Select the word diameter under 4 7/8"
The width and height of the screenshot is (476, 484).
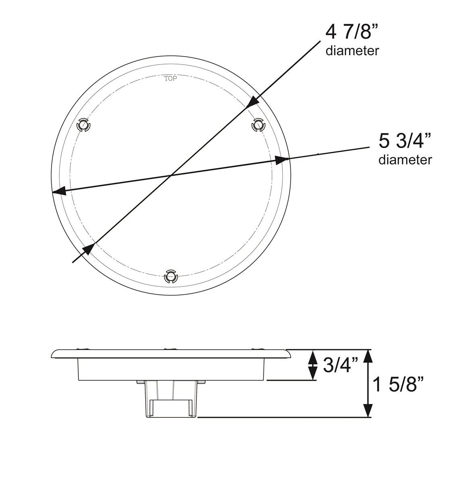(x=352, y=51)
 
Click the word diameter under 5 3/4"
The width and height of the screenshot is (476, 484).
(x=405, y=160)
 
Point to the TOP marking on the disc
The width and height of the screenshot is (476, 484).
(x=171, y=79)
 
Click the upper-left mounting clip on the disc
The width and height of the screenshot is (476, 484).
(x=83, y=125)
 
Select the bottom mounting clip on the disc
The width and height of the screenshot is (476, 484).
(x=171, y=277)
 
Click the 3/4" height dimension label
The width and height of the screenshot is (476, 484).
(x=340, y=366)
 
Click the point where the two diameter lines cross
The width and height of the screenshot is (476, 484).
(x=171, y=175)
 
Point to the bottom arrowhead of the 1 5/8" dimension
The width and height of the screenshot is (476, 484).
(x=367, y=411)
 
